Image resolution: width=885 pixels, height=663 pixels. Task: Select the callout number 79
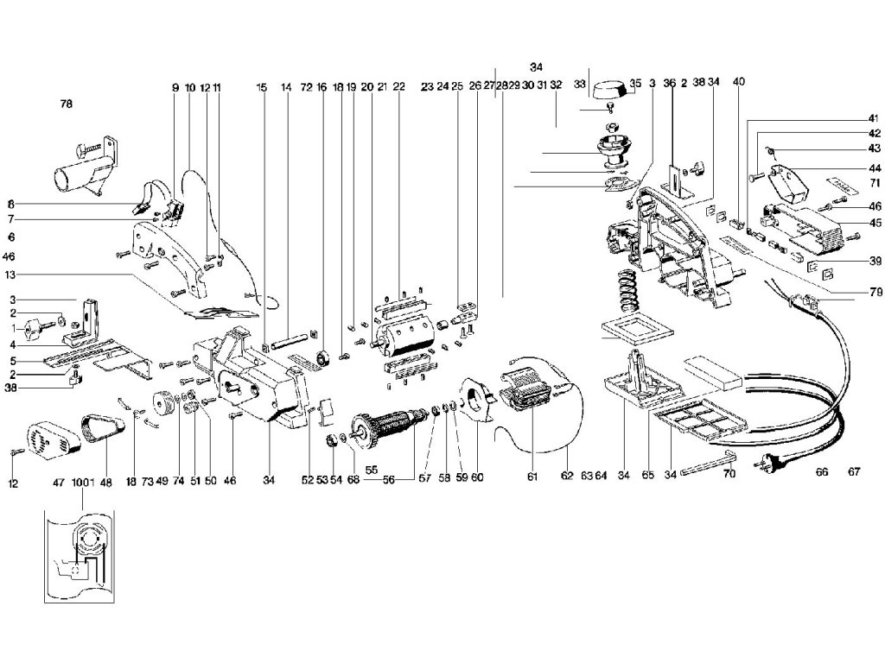876,292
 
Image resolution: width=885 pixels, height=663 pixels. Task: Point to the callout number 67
854,471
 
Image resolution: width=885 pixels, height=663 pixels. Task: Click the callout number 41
875,118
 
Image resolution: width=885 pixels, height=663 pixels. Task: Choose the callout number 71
875,183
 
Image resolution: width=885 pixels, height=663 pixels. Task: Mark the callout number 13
11,275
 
